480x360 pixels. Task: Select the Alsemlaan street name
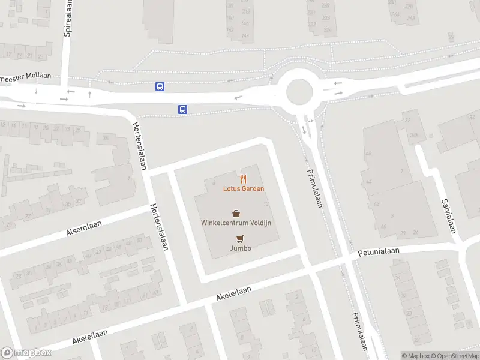[83, 229]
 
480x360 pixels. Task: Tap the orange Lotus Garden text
[244, 188]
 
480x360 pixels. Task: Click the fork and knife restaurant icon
[244, 178]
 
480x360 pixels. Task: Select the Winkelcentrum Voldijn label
[236, 223]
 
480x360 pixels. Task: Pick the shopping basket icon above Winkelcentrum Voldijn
[236, 213]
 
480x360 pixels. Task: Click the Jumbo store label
[240, 248]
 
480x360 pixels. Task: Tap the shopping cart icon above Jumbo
[240, 238]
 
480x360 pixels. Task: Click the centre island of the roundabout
[299, 92]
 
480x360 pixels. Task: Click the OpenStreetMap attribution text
[455, 356]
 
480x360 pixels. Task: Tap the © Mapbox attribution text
[415, 356]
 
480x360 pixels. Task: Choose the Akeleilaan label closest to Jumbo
[233, 293]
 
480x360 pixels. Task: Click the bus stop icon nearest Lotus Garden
[182, 109]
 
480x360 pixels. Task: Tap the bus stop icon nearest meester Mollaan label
[160, 86]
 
